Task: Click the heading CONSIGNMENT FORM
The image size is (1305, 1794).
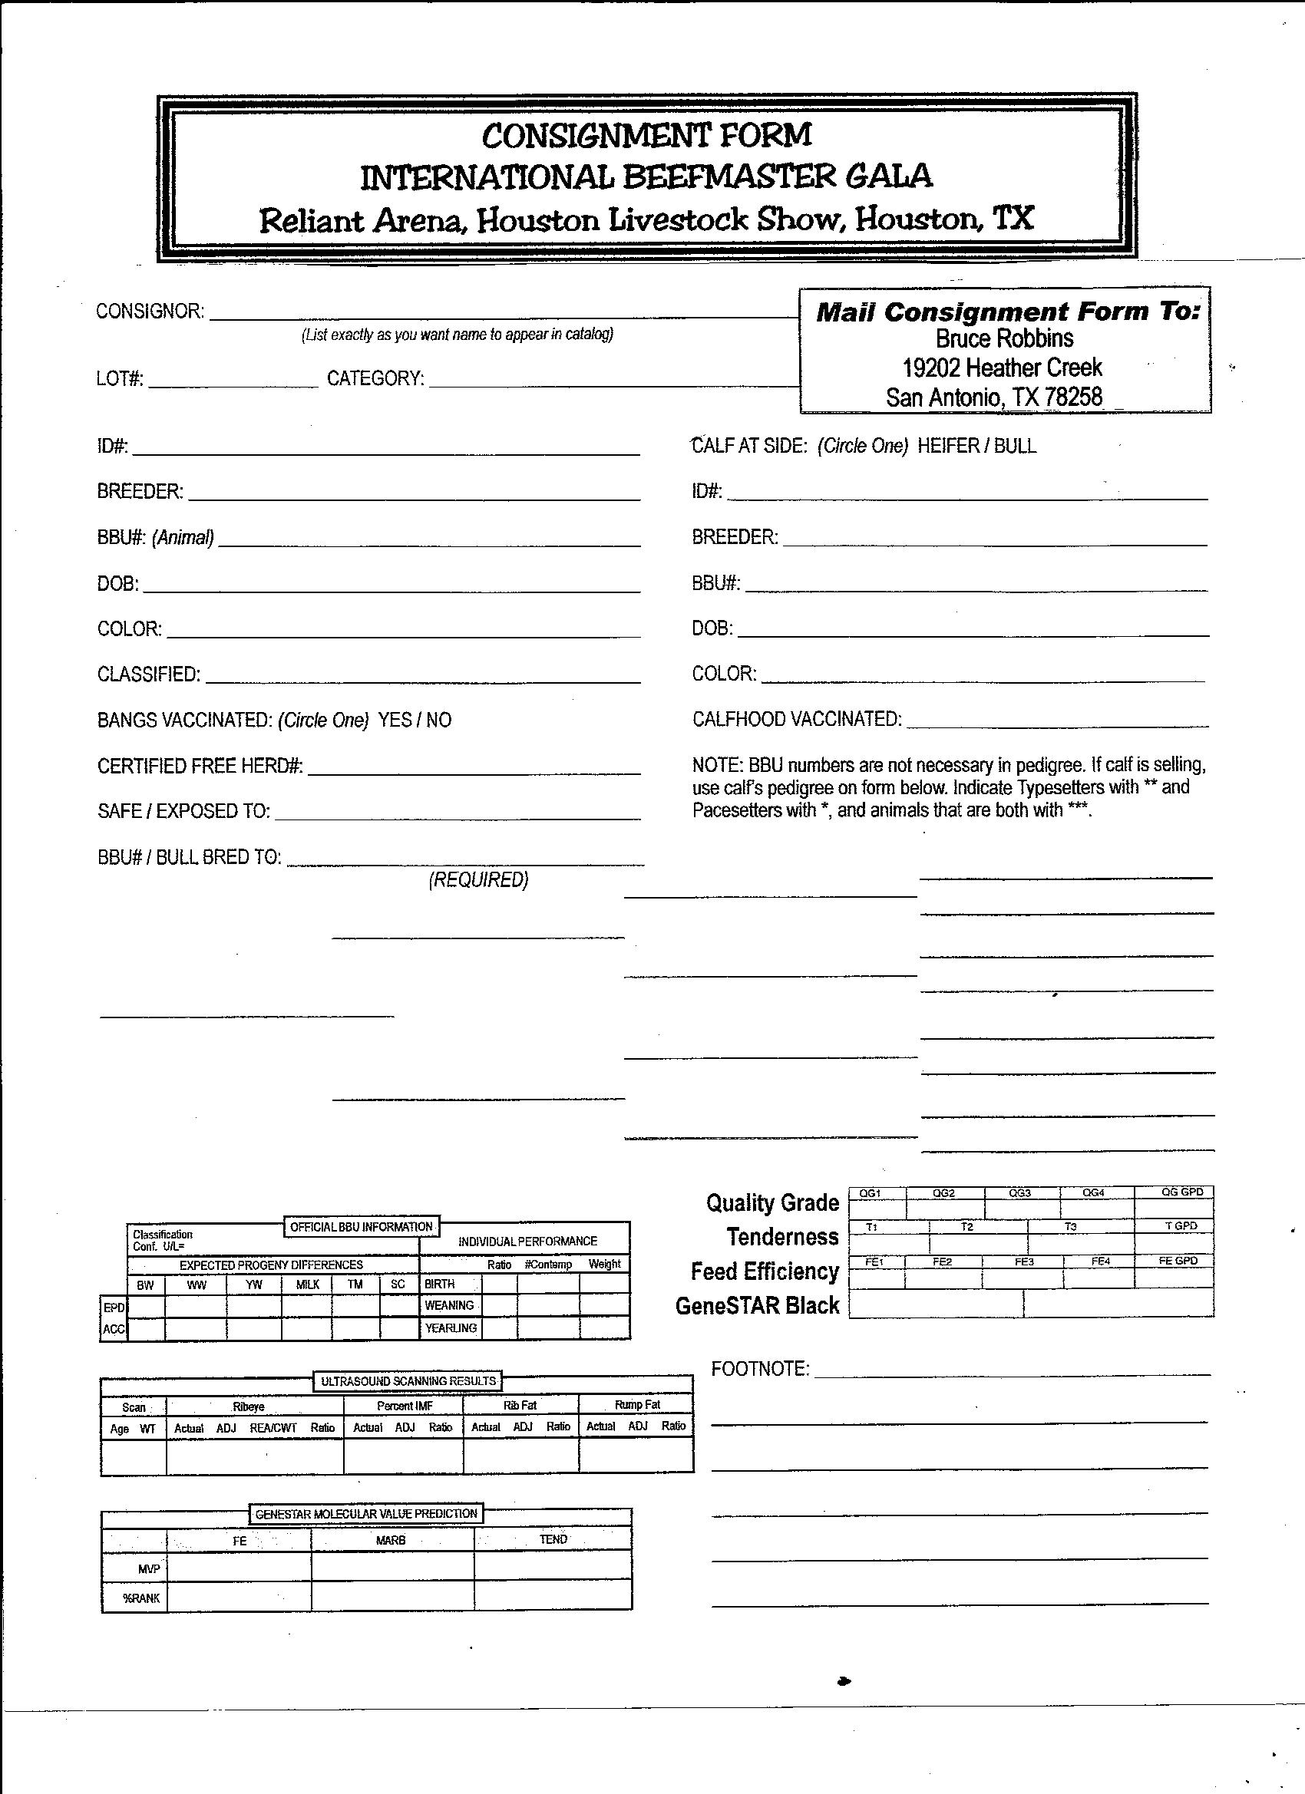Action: (646, 135)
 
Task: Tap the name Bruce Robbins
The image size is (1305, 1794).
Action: (1004, 338)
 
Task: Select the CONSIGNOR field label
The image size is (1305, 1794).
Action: (150, 311)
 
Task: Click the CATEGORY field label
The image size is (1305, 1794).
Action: (375, 378)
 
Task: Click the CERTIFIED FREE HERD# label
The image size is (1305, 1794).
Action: (200, 766)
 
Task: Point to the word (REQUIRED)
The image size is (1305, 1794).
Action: (478, 879)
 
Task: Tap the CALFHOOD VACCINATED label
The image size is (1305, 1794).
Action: (796, 719)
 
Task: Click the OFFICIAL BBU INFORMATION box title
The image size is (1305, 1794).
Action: (361, 1227)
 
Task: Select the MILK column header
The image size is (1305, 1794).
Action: (307, 1285)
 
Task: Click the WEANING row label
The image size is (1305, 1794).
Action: (449, 1305)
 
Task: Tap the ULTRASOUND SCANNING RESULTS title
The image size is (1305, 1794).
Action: (408, 1381)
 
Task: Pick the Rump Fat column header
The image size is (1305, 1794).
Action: (636, 1405)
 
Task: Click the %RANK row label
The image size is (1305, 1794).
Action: (142, 1598)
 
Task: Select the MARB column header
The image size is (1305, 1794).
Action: (390, 1540)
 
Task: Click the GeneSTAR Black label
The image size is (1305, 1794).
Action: (757, 1305)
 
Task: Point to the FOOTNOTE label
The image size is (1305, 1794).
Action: (759, 1369)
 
